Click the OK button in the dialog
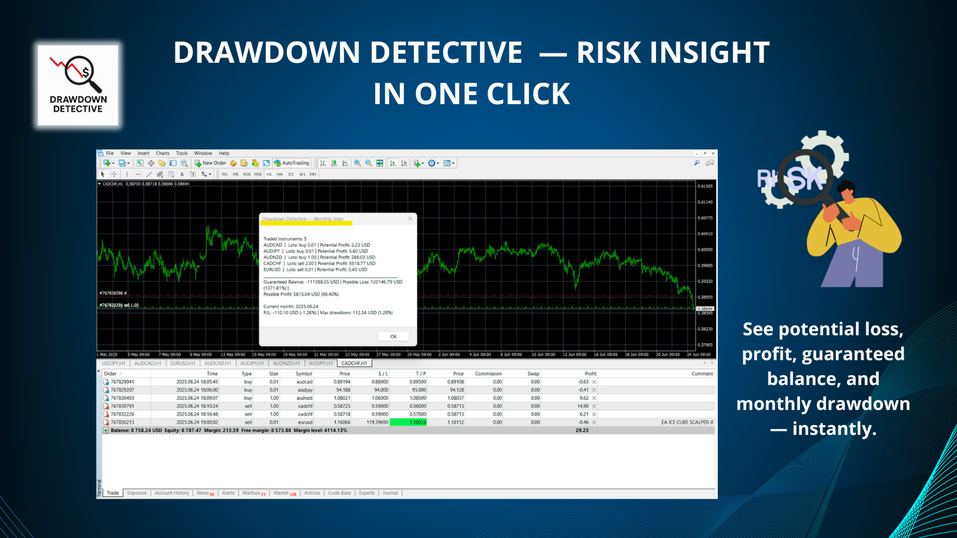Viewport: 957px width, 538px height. (393, 337)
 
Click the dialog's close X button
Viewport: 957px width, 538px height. (410, 219)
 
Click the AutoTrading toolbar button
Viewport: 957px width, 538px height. (292, 163)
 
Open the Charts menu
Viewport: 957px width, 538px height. (162, 153)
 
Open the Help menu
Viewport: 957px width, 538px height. (224, 153)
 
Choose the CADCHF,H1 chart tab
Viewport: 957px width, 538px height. (354, 363)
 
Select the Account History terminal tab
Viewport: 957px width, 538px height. (171, 493)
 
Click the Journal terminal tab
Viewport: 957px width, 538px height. (390, 493)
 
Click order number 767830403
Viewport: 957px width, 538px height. (122, 398)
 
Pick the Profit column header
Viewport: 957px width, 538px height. (590, 374)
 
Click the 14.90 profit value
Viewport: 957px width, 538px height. (583, 406)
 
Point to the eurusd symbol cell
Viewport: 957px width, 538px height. (305, 422)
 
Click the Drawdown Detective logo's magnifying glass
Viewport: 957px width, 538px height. (80, 71)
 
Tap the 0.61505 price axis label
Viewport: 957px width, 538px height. (705, 186)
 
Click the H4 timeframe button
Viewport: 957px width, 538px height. (280, 174)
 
